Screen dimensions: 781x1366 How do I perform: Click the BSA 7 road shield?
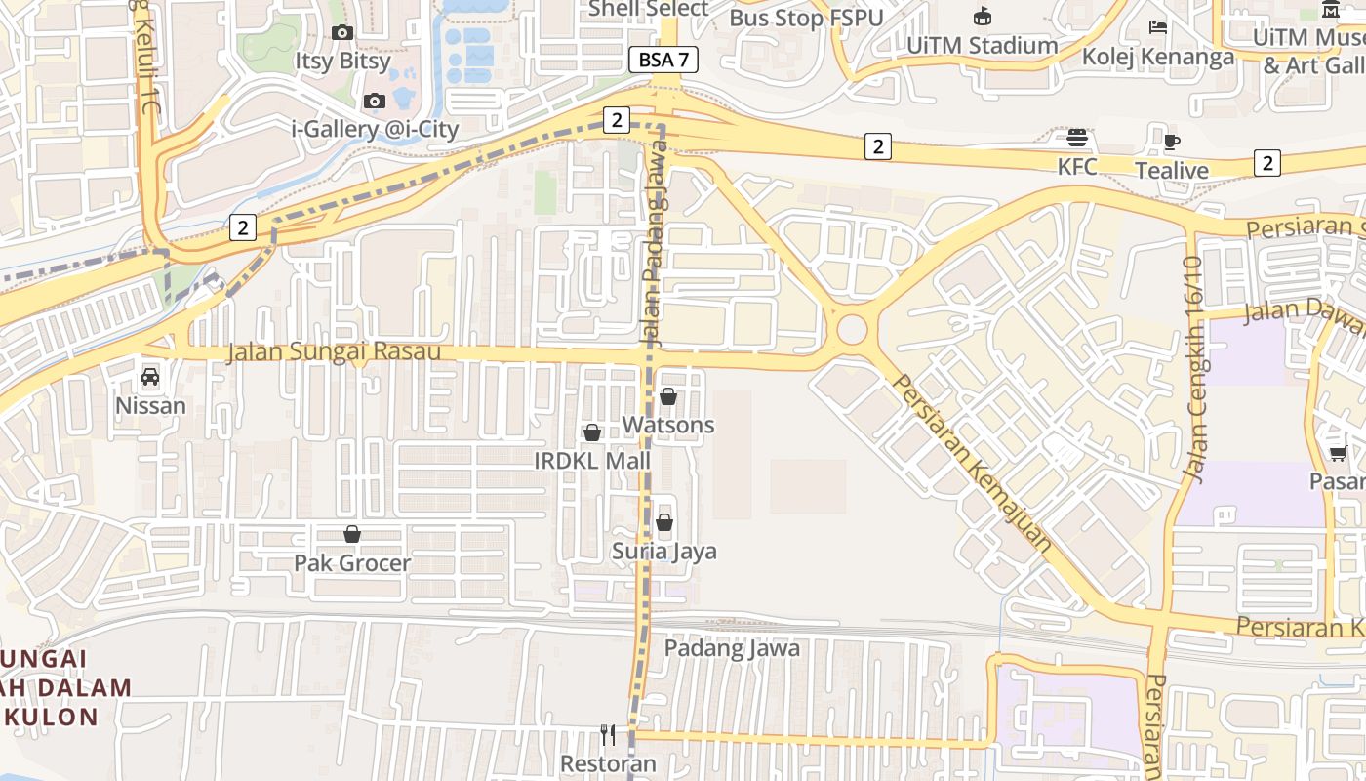coord(663,60)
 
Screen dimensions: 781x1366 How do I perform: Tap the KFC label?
coord(1077,167)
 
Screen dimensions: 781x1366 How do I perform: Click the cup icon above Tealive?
coord(1172,142)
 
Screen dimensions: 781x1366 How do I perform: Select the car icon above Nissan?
coord(150,377)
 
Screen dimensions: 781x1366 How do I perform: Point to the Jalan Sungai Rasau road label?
coord(334,351)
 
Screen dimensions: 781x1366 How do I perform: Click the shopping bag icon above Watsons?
coord(668,396)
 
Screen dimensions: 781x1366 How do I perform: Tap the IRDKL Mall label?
coord(592,460)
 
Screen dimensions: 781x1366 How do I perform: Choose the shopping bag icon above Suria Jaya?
coord(664,522)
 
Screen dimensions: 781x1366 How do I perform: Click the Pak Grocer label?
coord(352,563)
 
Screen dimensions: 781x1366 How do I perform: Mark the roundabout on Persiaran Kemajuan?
coord(852,329)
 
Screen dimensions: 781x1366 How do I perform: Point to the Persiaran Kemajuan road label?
coord(973,463)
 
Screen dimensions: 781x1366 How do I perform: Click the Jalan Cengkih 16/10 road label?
coord(1194,369)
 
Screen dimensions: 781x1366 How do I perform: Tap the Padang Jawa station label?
coord(732,648)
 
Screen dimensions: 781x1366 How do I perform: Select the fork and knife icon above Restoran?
coord(608,735)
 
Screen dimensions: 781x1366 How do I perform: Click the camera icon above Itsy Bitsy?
coord(341,33)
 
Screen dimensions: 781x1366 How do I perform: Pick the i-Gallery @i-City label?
coord(375,129)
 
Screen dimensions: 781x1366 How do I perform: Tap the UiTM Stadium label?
coord(982,45)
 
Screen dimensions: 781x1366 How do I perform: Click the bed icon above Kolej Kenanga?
coord(1158,27)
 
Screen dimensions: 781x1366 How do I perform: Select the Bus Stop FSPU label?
coord(806,18)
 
